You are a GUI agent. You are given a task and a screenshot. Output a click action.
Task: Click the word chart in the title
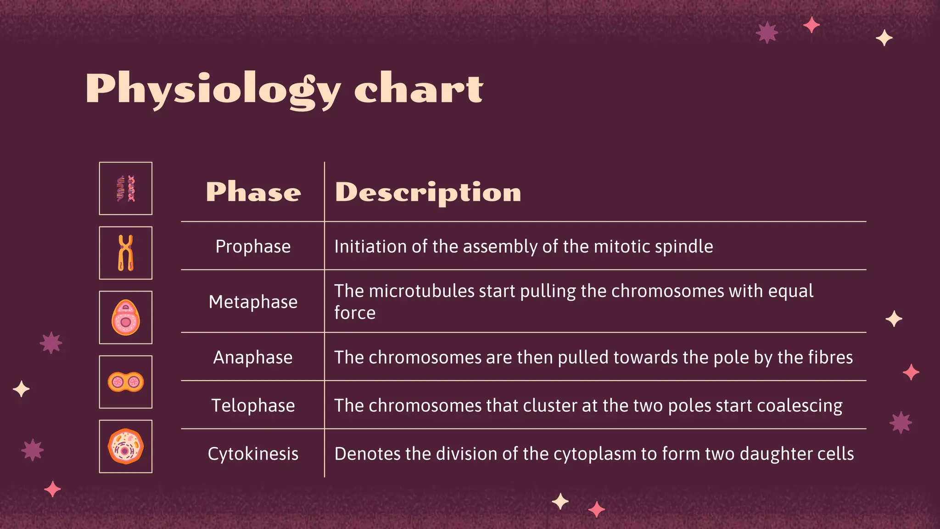tap(419, 89)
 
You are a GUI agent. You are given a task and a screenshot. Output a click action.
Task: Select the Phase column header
tap(253, 192)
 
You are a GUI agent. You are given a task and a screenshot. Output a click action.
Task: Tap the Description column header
tap(428, 192)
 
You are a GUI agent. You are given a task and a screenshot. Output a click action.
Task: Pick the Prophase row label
tap(253, 247)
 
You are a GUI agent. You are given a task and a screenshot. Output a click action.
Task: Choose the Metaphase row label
tap(253, 302)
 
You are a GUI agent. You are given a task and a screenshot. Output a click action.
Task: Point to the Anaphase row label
tap(253, 357)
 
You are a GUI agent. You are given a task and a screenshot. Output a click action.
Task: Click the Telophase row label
tap(253, 405)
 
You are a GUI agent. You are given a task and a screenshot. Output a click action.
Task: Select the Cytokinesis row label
tap(253, 454)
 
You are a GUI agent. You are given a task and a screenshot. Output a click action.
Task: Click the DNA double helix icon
tap(126, 188)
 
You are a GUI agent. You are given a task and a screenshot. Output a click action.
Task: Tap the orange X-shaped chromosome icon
tap(126, 253)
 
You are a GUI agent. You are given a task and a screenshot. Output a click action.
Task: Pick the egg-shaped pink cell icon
tap(126, 317)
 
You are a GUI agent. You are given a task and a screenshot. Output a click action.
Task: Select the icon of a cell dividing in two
tap(126, 382)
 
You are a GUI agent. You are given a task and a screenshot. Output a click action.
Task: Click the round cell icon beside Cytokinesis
tap(126, 446)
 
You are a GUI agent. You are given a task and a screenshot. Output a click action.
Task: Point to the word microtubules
tap(421, 291)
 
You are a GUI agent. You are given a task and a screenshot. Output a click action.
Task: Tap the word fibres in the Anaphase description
tap(831, 357)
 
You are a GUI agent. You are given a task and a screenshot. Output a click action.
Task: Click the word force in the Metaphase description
tap(355, 313)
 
